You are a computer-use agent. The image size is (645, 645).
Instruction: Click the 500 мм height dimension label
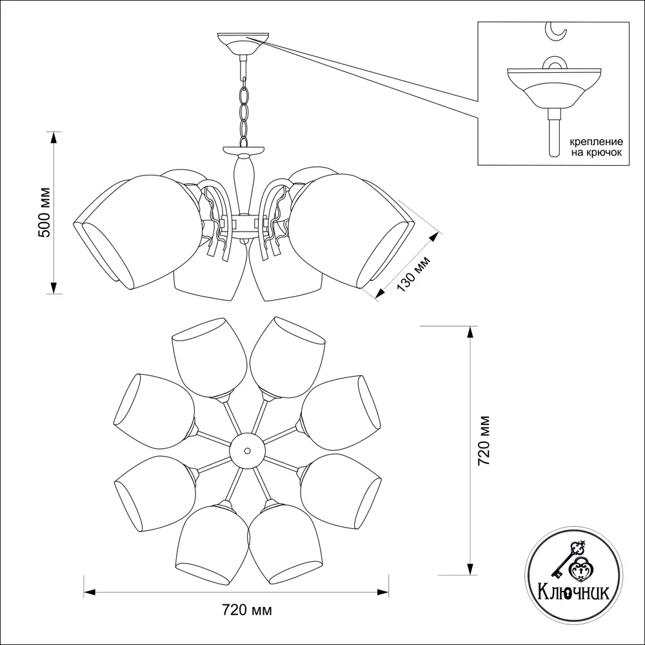tap(45, 213)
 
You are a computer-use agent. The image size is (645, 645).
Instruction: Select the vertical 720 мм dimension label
tap(486, 440)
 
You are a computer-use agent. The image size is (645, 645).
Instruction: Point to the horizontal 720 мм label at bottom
tap(246, 610)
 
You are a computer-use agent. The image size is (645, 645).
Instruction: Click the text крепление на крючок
tap(594, 146)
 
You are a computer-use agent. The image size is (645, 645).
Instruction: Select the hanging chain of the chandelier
tap(243, 110)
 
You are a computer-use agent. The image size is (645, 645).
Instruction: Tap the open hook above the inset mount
tap(556, 30)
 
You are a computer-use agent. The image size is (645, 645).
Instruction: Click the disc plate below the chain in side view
tap(244, 150)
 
